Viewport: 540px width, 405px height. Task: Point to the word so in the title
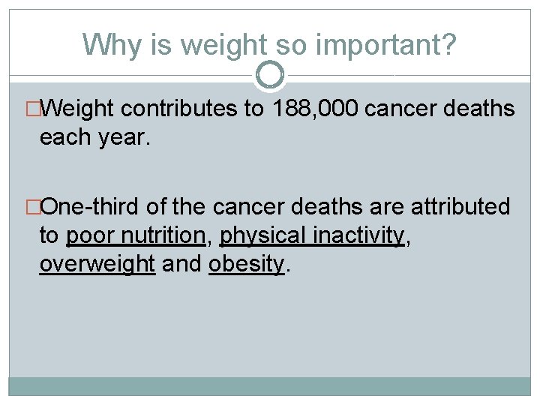coord(294,44)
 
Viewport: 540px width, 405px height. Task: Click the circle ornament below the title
coord(270,74)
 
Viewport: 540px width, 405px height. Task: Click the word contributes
coord(178,109)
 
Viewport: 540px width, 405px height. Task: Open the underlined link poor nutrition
coord(136,235)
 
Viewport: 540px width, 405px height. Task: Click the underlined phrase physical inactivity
coord(311,235)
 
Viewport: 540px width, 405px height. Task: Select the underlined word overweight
coord(97,263)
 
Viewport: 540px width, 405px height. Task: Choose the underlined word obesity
coord(246,263)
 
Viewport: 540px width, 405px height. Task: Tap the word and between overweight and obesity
coord(182,263)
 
